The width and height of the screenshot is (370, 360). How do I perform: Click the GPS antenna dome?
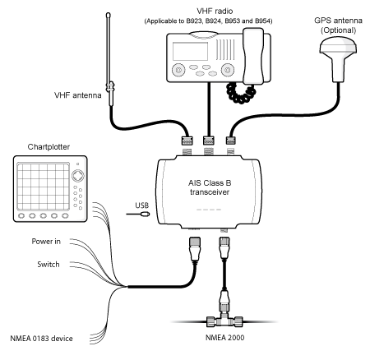click(x=338, y=46)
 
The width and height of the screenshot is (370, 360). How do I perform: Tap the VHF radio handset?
click(x=253, y=56)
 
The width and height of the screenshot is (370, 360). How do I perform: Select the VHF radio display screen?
click(x=190, y=51)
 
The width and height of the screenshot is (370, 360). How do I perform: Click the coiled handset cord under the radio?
click(x=240, y=93)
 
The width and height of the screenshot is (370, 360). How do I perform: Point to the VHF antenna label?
click(x=78, y=95)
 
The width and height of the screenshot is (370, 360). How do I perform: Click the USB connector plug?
click(x=144, y=214)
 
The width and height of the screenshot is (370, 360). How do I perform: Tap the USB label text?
click(x=142, y=205)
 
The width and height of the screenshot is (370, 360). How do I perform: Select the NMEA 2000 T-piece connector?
click(x=224, y=319)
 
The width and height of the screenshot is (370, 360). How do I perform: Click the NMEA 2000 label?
click(x=224, y=338)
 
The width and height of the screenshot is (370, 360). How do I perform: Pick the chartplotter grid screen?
click(x=44, y=187)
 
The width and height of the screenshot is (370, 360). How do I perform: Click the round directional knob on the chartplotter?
click(x=78, y=176)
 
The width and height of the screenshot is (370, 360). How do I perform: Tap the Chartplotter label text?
click(x=49, y=147)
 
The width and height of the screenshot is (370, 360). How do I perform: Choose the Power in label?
click(x=46, y=242)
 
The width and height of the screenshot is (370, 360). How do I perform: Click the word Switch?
click(x=49, y=265)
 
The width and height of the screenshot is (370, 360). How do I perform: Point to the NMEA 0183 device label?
click(x=41, y=339)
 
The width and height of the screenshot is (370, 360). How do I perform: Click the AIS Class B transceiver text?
click(x=210, y=187)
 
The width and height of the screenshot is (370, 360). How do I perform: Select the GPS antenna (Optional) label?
click(x=338, y=25)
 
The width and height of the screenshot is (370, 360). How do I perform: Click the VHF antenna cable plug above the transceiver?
click(x=187, y=141)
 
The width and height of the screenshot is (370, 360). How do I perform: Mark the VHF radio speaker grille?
click(x=225, y=49)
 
